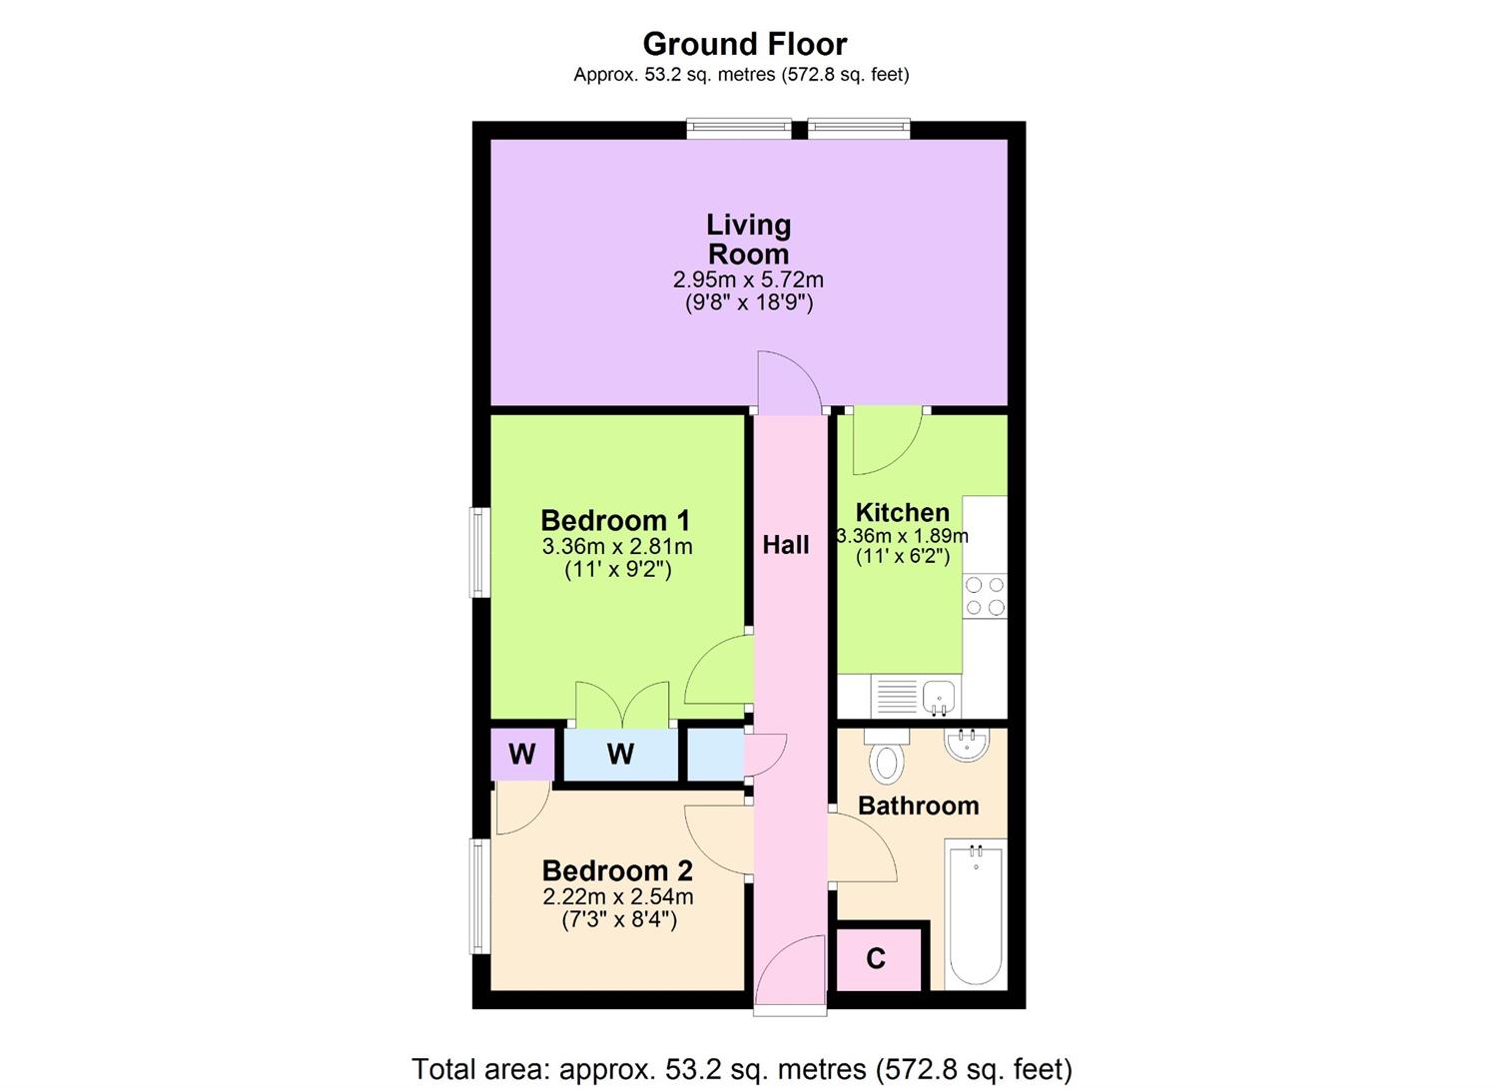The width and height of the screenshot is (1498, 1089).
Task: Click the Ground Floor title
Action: (744, 44)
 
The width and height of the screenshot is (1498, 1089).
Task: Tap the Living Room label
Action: (748, 239)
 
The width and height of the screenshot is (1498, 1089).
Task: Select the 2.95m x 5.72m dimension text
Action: (748, 280)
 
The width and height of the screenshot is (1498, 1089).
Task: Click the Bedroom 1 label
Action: (615, 520)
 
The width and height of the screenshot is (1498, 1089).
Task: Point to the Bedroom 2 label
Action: (617, 870)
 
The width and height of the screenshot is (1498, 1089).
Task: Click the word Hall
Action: (786, 545)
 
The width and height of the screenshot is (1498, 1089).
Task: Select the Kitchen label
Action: (903, 513)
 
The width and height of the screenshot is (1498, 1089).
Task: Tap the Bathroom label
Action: (918, 806)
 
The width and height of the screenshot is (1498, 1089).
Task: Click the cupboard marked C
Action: (877, 959)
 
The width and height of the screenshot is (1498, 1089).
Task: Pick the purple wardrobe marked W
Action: (521, 755)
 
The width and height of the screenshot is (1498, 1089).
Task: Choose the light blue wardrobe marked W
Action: (620, 755)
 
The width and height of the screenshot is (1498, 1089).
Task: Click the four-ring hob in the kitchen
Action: (985, 596)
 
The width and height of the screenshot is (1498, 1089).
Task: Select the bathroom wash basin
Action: (966, 745)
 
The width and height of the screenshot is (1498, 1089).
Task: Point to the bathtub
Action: (975, 914)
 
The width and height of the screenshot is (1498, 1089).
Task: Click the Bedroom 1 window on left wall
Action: (480, 553)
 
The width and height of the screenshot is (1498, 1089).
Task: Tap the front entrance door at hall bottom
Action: (790, 973)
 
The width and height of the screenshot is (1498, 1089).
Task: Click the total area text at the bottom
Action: (742, 1069)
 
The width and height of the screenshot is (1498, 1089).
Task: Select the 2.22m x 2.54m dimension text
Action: (617, 896)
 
